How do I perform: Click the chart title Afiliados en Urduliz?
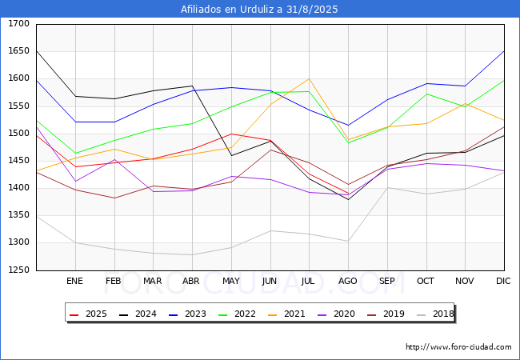[x=259, y=10]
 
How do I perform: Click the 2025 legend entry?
[x=89, y=314]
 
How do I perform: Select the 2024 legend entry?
[x=137, y=314]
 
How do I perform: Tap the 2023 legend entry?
[x=186, y=314]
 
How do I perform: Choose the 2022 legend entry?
[x=234, y=314]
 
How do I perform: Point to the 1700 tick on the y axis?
[x=18, y=24]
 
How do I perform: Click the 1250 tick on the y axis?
[x=18, y=270]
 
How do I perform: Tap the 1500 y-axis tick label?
[x=18, y=134]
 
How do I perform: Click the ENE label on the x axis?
[x=74, y=281]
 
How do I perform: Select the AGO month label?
[x=348, y=281]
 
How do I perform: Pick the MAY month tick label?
[x=230, y=281]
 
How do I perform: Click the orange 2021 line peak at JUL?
[x=309, y=78]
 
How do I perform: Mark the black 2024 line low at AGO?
[x=348, y=199]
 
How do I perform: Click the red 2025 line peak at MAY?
[x=231, y=134]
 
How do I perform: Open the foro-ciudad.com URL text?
[x=458, y=347]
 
